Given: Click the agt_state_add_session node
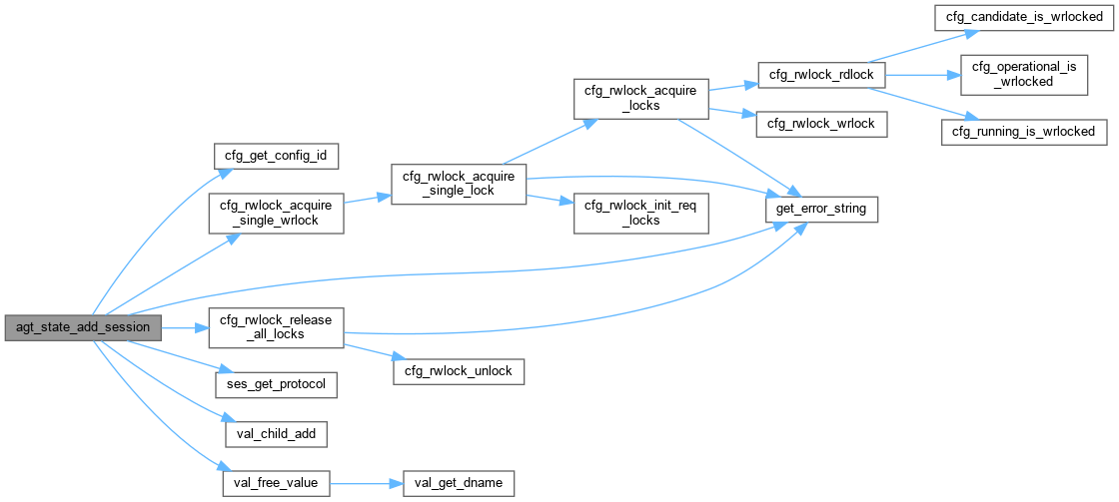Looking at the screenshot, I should pyautogui.click(x=83, y=327).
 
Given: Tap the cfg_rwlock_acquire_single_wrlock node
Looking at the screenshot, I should pyautogui.click(x=275, y=212).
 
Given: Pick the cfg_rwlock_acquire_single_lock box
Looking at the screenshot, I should pyautogui.click(x=458, y=184).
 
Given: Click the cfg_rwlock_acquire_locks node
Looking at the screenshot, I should pyautogui.click(x=639, y=97).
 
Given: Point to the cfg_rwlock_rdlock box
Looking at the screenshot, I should pyautogui.click(x=816, y=75).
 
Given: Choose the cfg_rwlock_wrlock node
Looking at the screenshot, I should pyautogui.click(x=816, y=123).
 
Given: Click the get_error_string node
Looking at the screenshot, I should pyautogui.click(x=821, y=210).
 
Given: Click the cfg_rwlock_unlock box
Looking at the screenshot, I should pyautogui.click(x=458, y=371).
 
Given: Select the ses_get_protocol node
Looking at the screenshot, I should pyautogui.click(x=277, y=383).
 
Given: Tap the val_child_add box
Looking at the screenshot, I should pyautogui.click(x=277, y=434).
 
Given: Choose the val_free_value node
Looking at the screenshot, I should pyautogui.click(x=275, y=483).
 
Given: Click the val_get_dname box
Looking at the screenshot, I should pyautogui.click(x=458, y=483).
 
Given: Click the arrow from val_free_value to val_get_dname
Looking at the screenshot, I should pyautogui.click(x=365, y=483).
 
